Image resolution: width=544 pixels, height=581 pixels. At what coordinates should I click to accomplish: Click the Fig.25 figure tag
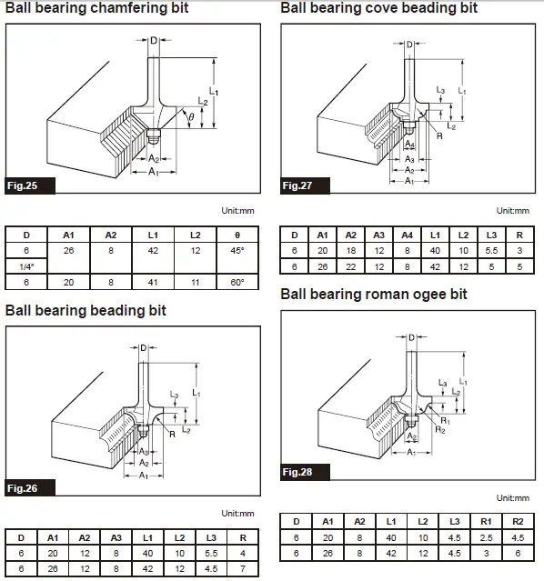30,185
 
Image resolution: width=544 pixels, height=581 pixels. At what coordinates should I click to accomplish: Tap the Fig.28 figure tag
305,472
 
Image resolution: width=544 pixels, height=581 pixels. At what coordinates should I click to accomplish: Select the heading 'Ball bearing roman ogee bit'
374,295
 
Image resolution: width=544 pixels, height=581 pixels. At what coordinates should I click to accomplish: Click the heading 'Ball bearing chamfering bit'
97,8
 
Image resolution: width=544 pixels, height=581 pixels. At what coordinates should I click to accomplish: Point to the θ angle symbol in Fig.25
191,117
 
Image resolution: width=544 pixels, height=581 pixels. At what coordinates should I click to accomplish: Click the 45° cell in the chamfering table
237,251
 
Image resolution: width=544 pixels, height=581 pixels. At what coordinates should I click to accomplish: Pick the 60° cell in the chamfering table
237,283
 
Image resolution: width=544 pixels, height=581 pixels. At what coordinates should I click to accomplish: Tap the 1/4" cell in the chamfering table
26,266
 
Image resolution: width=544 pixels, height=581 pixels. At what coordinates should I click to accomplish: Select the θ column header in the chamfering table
237,235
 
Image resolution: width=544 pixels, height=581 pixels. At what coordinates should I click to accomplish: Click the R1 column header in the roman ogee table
486,522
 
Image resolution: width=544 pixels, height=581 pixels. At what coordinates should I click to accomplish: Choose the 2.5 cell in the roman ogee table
486,537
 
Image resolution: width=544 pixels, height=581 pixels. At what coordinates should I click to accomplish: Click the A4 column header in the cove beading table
408,235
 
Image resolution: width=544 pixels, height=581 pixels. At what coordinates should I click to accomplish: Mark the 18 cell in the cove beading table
351,251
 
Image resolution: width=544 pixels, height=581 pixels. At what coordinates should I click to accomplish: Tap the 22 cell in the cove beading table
351,266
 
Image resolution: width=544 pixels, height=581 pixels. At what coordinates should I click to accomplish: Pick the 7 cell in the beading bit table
243,569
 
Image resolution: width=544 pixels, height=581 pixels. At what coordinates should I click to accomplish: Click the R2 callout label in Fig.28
440,430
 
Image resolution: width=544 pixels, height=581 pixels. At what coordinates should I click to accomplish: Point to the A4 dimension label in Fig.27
409,144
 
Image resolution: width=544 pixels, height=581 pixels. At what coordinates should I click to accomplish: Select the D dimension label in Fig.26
144,348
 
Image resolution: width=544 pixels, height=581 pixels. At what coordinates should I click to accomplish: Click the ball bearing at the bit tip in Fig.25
153,136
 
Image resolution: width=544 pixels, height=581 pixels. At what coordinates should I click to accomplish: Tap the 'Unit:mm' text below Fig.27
513,211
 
